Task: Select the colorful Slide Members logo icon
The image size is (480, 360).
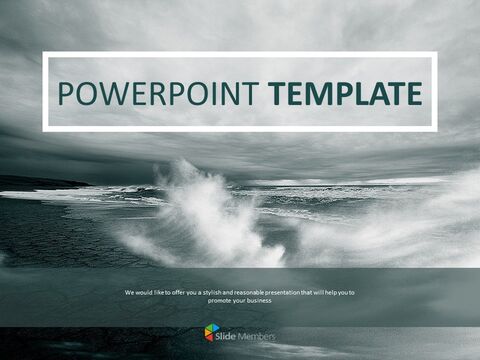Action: coord(211,332)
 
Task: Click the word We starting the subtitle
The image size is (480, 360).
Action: coord(129,292)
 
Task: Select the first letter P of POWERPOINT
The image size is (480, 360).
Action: coord(67,94)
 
